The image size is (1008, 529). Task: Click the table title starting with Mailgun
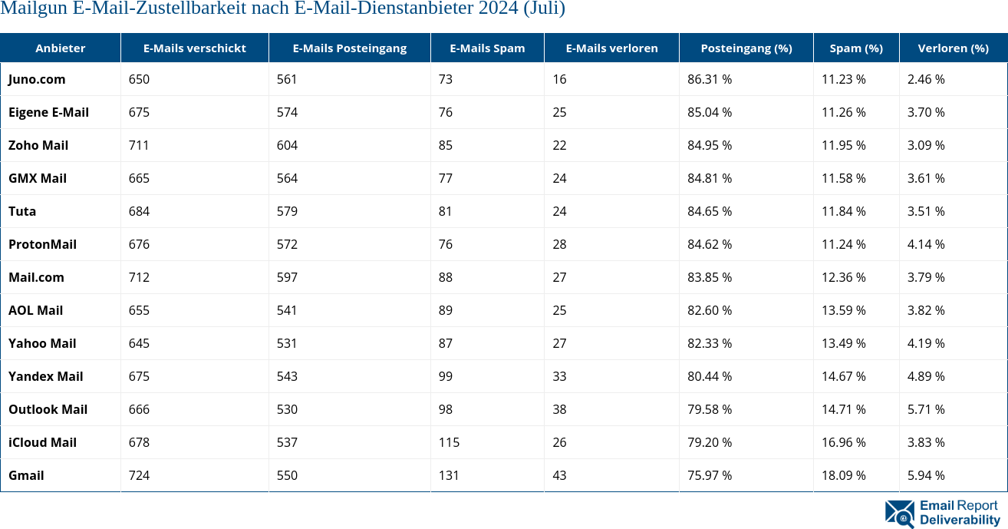pyautogui.click(x=283, y=9)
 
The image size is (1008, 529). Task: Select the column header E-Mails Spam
pyautogui.click(x=487, y=48)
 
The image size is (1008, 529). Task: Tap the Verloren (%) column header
pyautogui.click(x=953, y=48)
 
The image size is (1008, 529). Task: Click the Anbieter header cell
pyautogui.click(x=61, y=48)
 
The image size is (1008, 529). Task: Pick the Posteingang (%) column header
pyautogui.click(x=746, y=48)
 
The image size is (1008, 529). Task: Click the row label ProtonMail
pyautogui.click(x=42, y=244)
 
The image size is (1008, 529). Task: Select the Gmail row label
pyautogui.click(x=26, y=475)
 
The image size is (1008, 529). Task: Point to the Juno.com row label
pyautogui.click(x=37, y=79)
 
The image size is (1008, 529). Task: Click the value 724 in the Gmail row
pyautogui.click(x=139, y=475)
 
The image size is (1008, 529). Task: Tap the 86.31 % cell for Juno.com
pyautogui.click(x=710, y=79)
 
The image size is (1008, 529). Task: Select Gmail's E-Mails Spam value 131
pyautogui.click(x=449, y=475)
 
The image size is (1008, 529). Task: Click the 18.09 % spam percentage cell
pyautogui.click(x=844, y=475)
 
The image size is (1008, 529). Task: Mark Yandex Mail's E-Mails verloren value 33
pyautogui.click(x=559, y=376)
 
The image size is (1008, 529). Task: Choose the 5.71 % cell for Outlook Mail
pyautogui.click(x=926, y=409)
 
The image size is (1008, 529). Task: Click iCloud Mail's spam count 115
pyautogui.click(x=449, y=442)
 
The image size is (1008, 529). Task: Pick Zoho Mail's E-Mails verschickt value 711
pyautogui.click(x=139, y=145)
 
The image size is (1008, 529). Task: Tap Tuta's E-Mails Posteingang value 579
pyautogui.click(x=287, y=211)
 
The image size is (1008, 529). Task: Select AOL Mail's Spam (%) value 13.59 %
pyautogui.click(x=844, y=310)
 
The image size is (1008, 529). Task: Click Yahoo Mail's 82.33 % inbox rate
pyautogui.click(x=710, y=343)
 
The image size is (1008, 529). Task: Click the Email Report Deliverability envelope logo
pyautogui.click(x=900, y=514)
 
